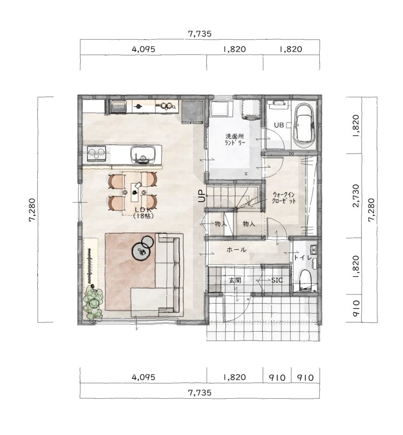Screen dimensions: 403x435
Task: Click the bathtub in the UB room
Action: pos(305,125)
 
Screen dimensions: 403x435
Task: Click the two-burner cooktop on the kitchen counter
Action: pos(96,153)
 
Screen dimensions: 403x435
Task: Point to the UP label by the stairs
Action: pos(202,197)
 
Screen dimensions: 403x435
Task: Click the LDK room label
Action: pos(143,212)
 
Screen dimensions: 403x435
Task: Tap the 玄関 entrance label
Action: pos(235,280)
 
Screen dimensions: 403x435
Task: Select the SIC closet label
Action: pos(277,280)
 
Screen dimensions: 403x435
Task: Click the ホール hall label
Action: pos(237,250)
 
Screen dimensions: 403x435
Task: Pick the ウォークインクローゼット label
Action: pos(284,197)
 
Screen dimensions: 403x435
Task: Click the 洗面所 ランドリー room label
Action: pos(235,140)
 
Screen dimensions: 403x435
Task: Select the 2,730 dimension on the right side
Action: pos(356,196)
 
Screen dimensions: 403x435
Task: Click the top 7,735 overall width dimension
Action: pos(199,34)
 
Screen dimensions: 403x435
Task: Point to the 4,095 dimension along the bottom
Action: pos(143,377)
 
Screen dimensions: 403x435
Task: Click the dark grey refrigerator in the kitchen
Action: pos(192,112)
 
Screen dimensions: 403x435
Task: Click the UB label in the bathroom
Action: pos(279,125)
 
